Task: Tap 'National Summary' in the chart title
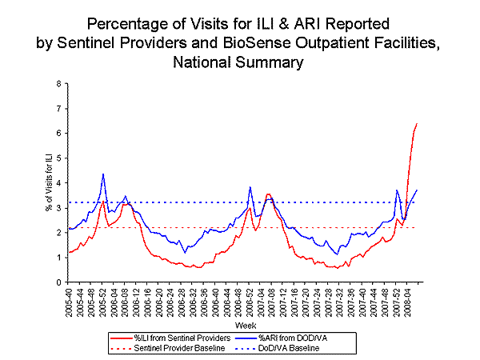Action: [x=239, y=61]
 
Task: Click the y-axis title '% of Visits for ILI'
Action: [x=46, y=182]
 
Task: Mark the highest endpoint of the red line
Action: [x=417, y=124]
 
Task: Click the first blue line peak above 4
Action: [x=103, y=174]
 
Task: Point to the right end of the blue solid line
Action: [x=417, y=190]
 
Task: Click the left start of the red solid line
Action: [x=69, y=252]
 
